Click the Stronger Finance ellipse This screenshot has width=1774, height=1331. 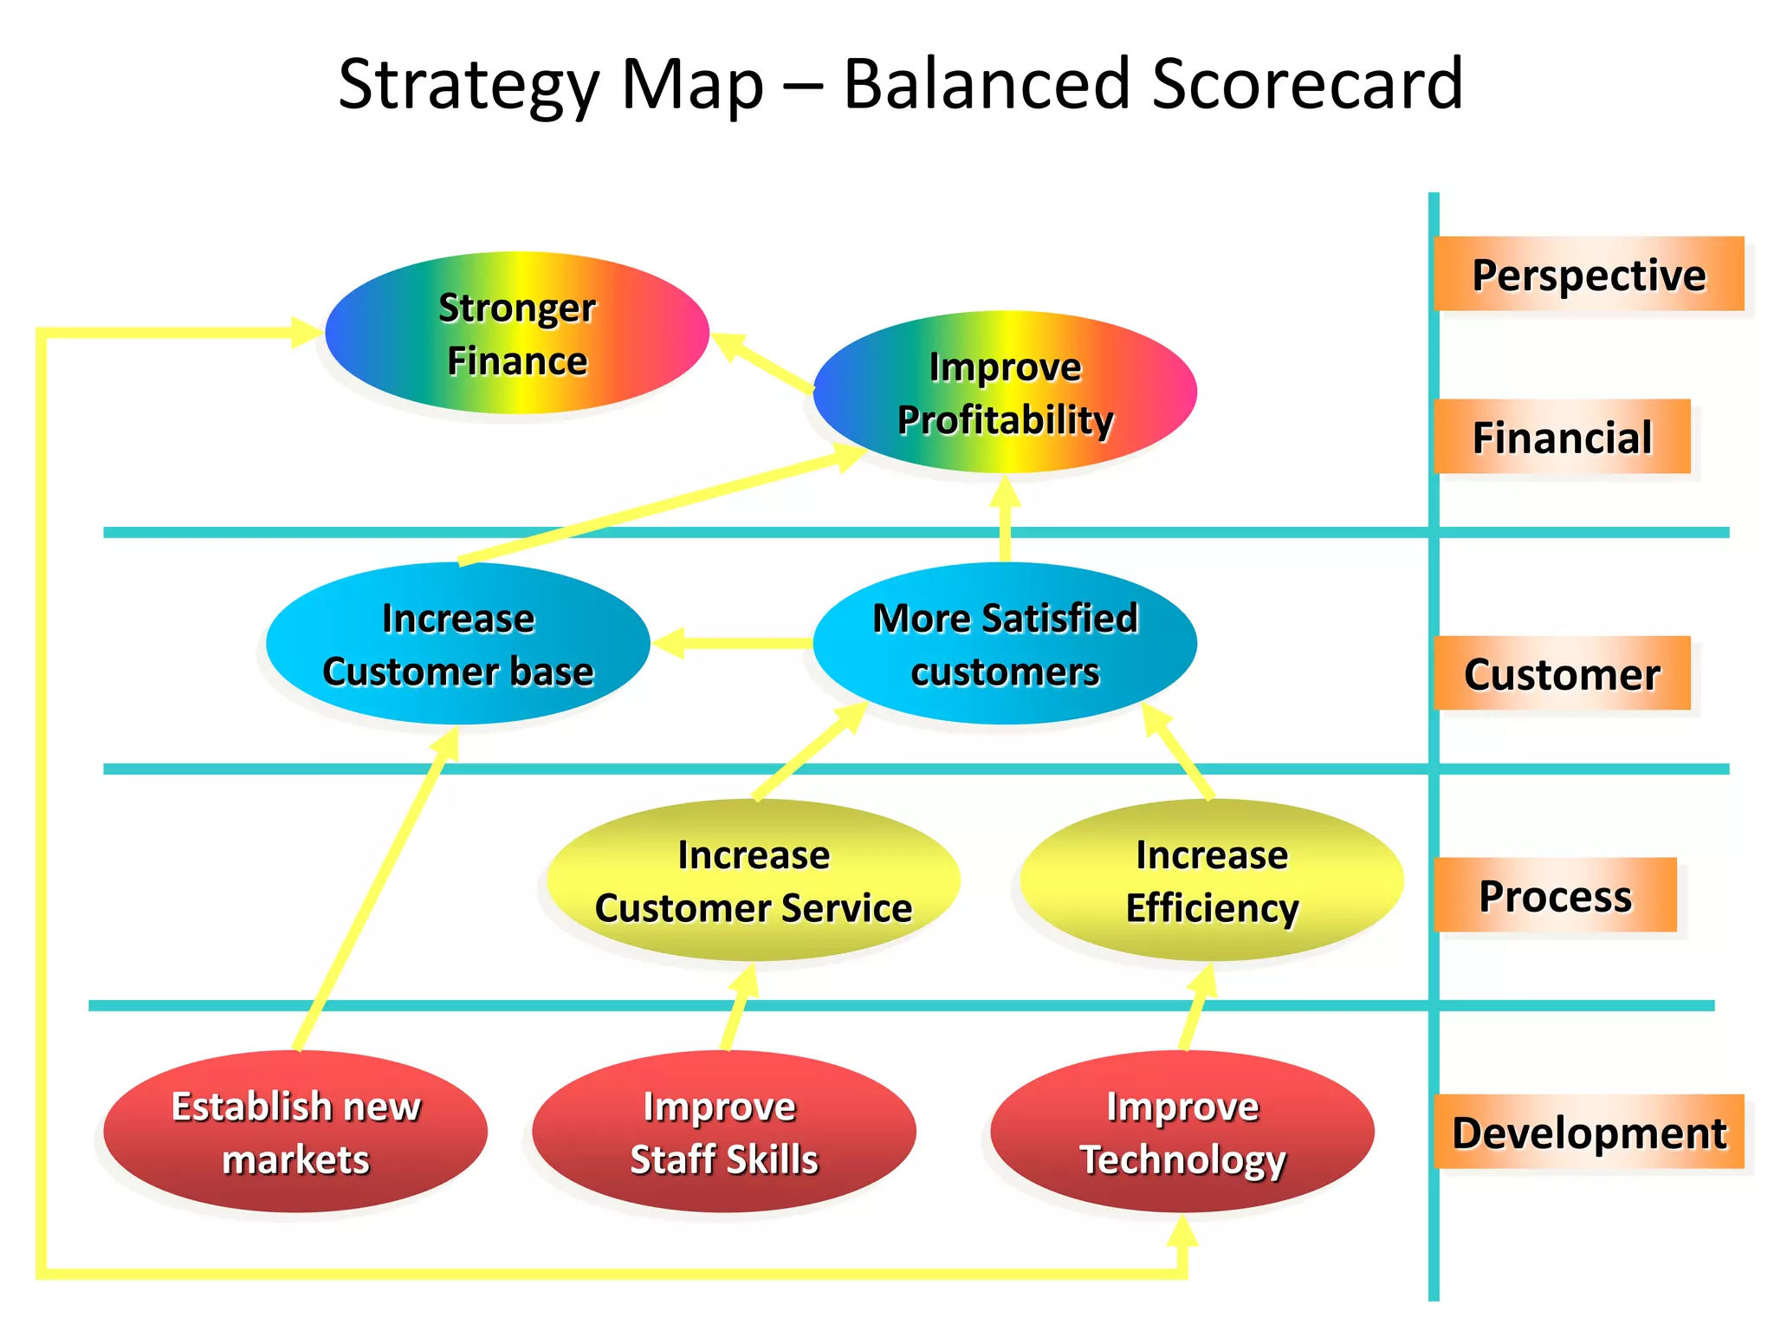(517, 333)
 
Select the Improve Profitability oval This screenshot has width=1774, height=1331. (1005, 393)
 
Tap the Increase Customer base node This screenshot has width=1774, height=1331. (457, 644)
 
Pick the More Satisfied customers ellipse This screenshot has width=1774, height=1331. (1005, 644)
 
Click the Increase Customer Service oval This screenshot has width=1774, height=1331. (753, 880)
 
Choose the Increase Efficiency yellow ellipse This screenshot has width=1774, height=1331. (1211, 880)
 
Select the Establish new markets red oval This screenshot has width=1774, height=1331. (295, 1132)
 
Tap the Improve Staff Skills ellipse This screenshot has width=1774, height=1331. (723, 1132)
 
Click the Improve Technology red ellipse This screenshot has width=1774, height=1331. (1182, 1132)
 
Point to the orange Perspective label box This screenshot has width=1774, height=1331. (1589, 274)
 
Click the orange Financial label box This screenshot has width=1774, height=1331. (1562, 437)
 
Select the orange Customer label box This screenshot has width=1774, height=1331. (1562, 673)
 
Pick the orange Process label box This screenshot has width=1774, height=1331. (1555, 895)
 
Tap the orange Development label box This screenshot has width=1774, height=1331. (1589, 1132)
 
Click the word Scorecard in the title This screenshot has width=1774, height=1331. (1307, 84)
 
